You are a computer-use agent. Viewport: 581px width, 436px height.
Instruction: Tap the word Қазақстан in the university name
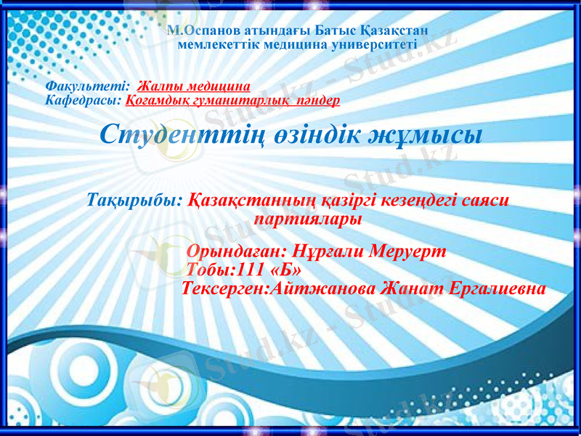(x=394, y=31)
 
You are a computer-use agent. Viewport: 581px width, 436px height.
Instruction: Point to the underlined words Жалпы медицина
(x=193, y=86)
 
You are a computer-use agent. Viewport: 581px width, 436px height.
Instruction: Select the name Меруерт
(x=407, y=251)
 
